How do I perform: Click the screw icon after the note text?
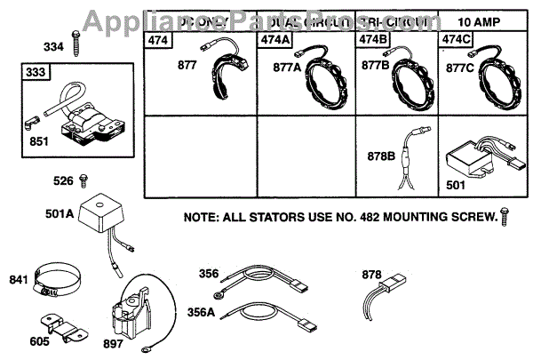(x=505, y=214)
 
